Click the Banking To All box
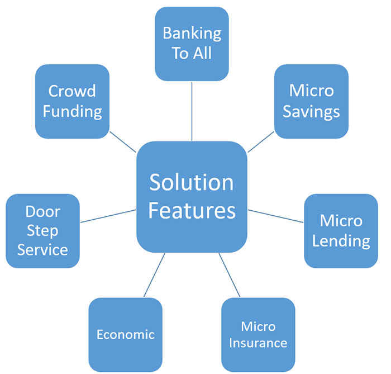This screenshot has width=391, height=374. [192, 43]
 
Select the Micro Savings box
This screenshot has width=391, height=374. [311, 101]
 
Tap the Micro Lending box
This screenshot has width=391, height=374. [341, 231]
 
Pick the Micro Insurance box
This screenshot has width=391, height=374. [258, 334]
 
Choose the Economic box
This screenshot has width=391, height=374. [125, 334]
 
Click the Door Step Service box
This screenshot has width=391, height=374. [42, 230]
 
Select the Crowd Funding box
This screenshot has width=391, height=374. [72, 101]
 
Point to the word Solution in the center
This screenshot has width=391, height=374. [192, 183]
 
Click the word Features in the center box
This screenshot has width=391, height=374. [192, 211]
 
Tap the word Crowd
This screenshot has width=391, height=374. [72, 91]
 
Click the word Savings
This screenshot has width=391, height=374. [311, 111]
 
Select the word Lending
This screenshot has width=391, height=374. [341, 241]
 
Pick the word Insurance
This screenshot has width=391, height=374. [258, 343]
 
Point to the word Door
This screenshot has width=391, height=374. [42, 212]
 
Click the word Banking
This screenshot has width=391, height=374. [192, 33]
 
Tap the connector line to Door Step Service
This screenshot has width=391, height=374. [108, 216]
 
